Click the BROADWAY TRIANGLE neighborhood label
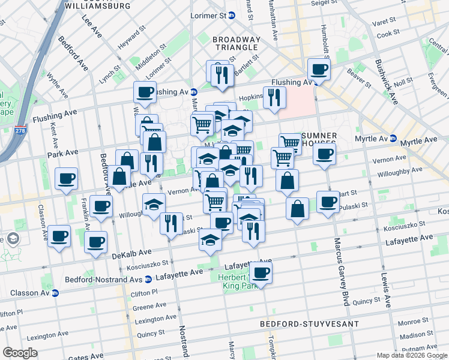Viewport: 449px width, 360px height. pos(237,44)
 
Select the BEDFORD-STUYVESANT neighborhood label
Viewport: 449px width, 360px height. pos(309,324)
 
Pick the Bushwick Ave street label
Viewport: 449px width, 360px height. pos(385,82)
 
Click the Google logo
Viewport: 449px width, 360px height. pos(19,353)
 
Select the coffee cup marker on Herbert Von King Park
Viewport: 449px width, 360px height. pos(261,273)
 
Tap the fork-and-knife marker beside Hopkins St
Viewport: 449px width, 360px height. pos(274,97)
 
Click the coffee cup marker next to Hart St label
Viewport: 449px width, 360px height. pos(327,202)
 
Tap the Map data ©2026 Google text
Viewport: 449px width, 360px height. pos(411,355)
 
